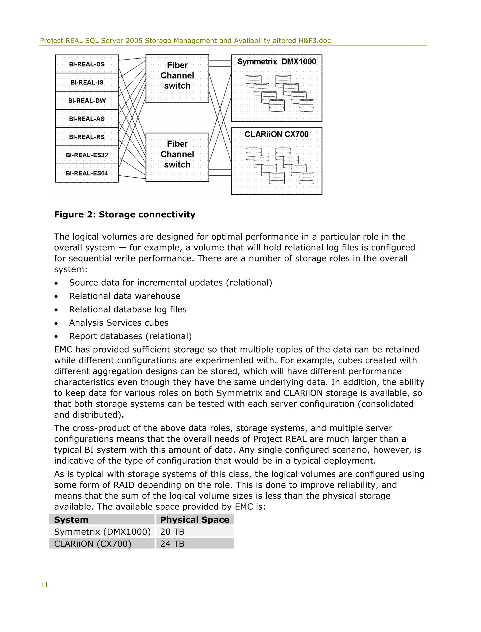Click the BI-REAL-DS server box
87,64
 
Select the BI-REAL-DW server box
87,101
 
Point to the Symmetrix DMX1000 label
277,62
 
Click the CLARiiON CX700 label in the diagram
277,134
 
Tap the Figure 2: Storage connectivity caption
125,214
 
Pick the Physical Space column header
195,520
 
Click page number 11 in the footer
44,585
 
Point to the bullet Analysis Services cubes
119,323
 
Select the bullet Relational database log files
128,309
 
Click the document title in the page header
185,41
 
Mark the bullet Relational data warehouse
124,296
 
